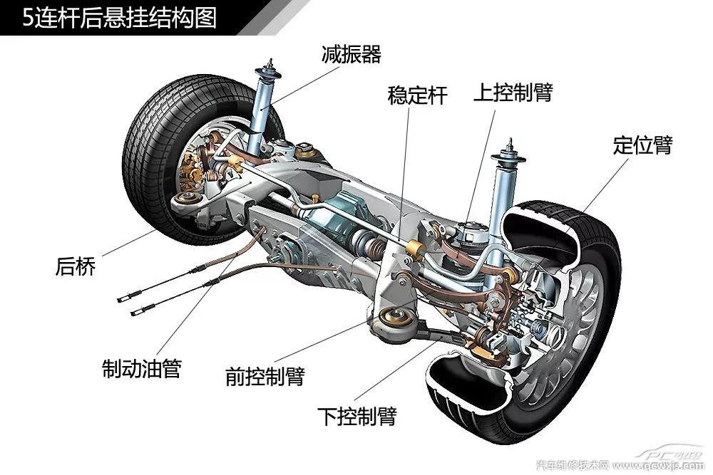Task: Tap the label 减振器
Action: point(352,54)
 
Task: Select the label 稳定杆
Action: point(418,95)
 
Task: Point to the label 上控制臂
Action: point(513,93)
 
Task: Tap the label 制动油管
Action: point(142,368)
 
